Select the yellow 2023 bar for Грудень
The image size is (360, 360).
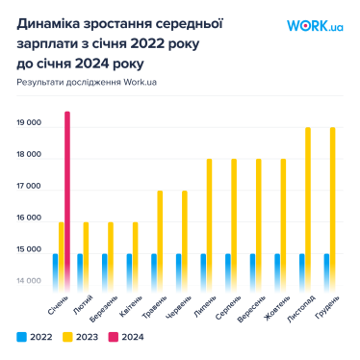click(x=333, y=206)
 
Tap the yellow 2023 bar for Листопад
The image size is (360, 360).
click(x=308, y=206)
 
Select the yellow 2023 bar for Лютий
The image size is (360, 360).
click(x=86, y=253)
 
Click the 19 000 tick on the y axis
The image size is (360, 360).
click(x=29, y=123)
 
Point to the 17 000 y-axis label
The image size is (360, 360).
click(x=29, y=187)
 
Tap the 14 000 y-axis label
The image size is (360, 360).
click(x=29, y=281)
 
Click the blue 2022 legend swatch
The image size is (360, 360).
click(x=20, y=337)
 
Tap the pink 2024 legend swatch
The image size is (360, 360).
click(x=113, y=337)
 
